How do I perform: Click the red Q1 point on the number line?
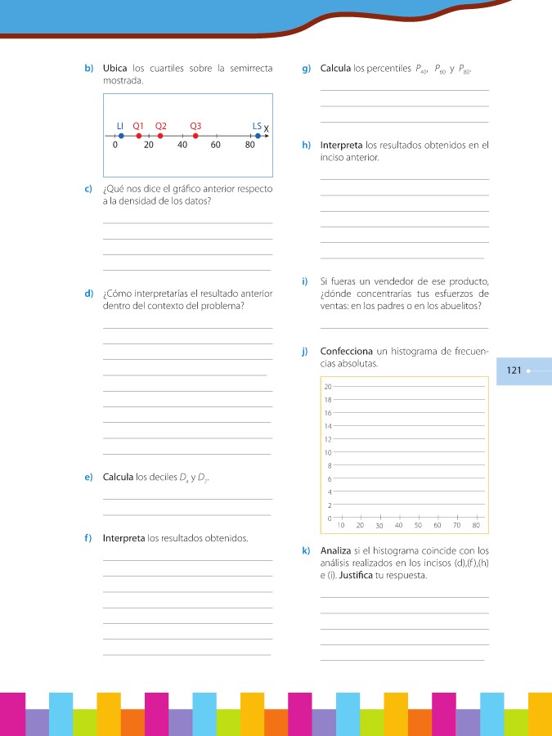coord(138,136)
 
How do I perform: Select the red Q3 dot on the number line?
coord(195,136)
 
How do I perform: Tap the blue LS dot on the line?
coord(258,136)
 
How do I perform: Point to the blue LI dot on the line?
coord(120,136)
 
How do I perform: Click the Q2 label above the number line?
coord(160,126)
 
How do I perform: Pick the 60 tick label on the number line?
coord(215,146)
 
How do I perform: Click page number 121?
coord(514,370)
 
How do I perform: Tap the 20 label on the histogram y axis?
coord(327,386)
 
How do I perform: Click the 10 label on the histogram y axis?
coord(327,452)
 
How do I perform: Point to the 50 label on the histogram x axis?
coord(418,525)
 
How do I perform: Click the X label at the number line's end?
coord(267,129)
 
